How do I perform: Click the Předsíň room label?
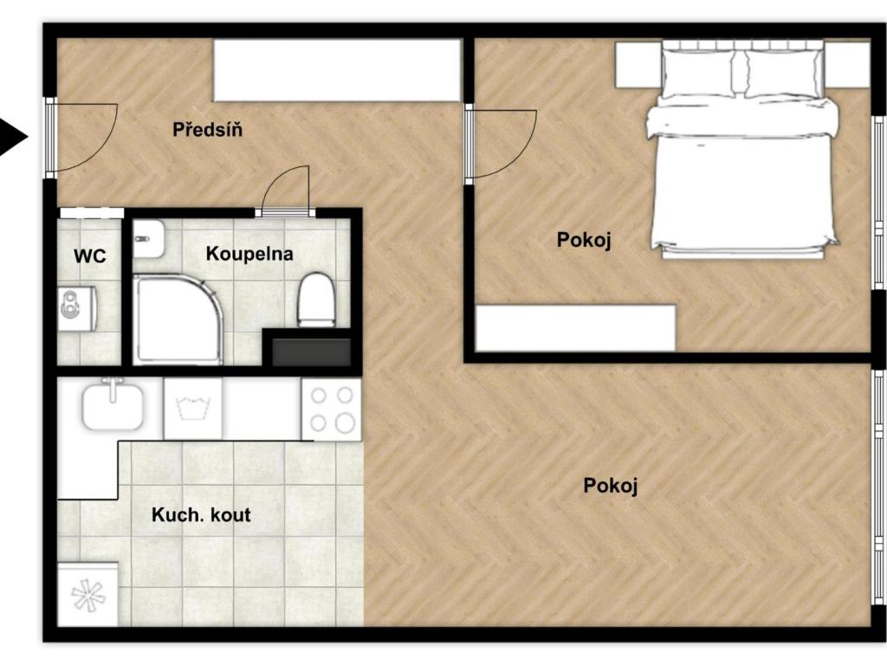[208, 130]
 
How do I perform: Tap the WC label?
[89, 255]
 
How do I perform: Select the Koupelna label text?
[249, 254]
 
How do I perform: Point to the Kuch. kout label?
[201, 514]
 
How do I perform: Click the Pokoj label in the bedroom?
[584, 240]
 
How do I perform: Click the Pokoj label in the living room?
[611, 486]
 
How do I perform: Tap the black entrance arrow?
[12, 137]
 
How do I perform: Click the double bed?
[742, 150]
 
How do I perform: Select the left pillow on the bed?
[699, 73]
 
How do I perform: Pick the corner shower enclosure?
[178, 319]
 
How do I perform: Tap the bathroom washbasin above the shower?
[148, 238]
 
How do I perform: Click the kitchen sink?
[113, 404]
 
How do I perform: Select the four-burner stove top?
[331, 410]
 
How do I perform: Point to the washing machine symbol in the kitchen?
[192, 409]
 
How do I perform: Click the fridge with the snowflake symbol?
[87, 594]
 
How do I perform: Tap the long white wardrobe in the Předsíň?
[337, 70]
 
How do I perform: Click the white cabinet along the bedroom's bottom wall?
[576, 328]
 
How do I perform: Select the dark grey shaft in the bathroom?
[311, 352]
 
